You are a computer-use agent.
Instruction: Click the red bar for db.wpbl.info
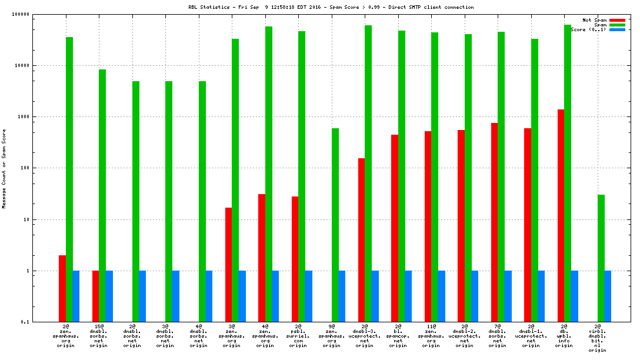tap(561, 215)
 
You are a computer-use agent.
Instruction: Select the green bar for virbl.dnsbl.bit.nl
tap(601, 258)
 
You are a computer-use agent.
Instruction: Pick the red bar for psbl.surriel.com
tap(295, 259)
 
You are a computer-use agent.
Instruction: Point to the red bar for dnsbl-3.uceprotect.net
tap(361, 240)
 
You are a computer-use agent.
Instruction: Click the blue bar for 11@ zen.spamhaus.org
tap(441, 296)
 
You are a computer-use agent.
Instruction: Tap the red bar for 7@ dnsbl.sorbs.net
tap(494, 222)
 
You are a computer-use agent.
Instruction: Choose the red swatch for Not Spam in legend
tap(617, 20)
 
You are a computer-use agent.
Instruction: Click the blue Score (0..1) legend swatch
tap(617, 29)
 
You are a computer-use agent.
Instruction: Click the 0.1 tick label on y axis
tap(24, 322)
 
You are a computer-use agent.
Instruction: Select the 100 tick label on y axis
tap(24, 168)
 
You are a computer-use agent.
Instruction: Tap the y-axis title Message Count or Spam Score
tap(4, 169)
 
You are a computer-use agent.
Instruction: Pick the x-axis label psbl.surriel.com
tap(298, 335)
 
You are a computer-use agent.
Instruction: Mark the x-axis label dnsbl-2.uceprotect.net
tap(464, 335)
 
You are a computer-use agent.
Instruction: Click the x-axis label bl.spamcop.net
tap(398, 335)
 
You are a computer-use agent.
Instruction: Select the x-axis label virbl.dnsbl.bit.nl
tap(598, 338)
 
